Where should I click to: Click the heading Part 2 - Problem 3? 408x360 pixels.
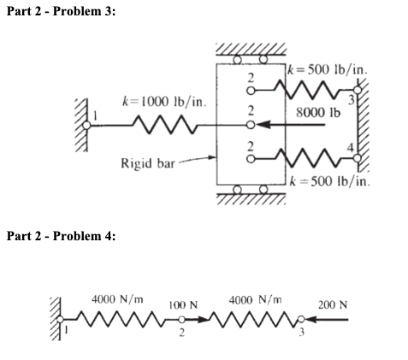pos(59,9)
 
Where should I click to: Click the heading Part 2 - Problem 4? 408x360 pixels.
pos(59,236)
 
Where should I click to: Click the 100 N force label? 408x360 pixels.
pos(183,304)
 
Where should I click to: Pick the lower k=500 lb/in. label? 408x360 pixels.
pos(328,181)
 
